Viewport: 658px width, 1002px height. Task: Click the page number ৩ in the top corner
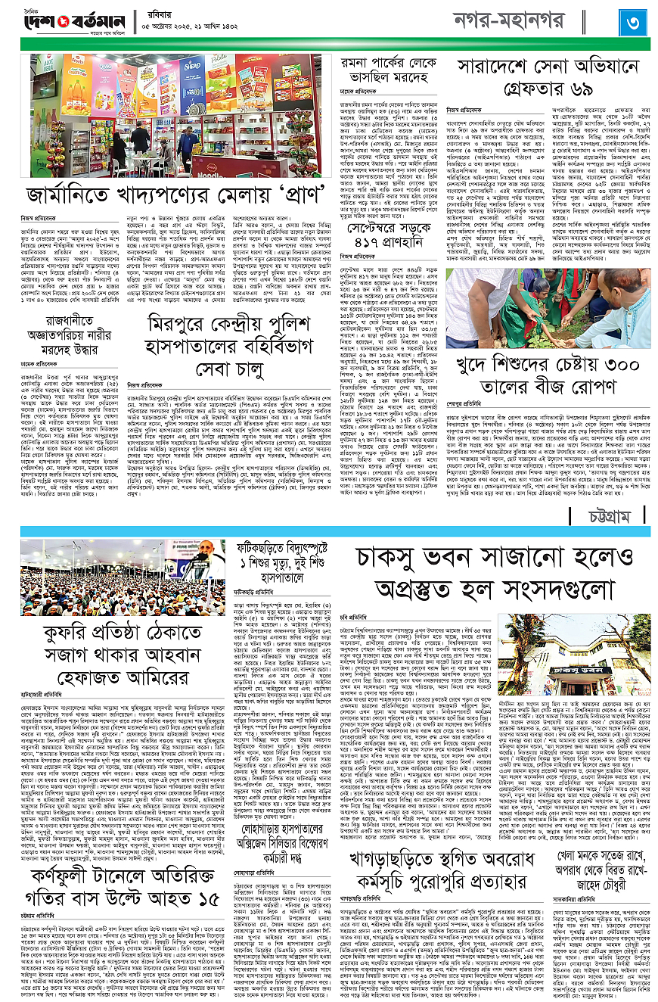632,23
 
